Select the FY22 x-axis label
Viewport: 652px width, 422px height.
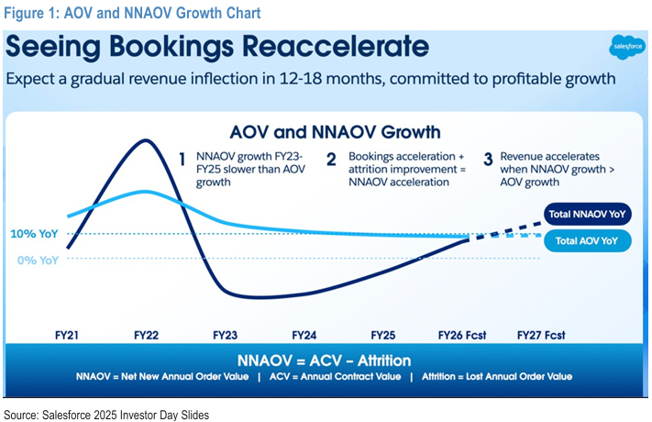click(147, 336)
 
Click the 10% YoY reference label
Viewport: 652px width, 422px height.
click(36, 234)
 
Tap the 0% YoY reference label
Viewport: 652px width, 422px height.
click(39, 260)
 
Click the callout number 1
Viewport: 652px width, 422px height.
click(182, 158)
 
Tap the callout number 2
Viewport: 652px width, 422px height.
click(331, 158)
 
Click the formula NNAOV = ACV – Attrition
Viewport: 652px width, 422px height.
click(324, 361)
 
